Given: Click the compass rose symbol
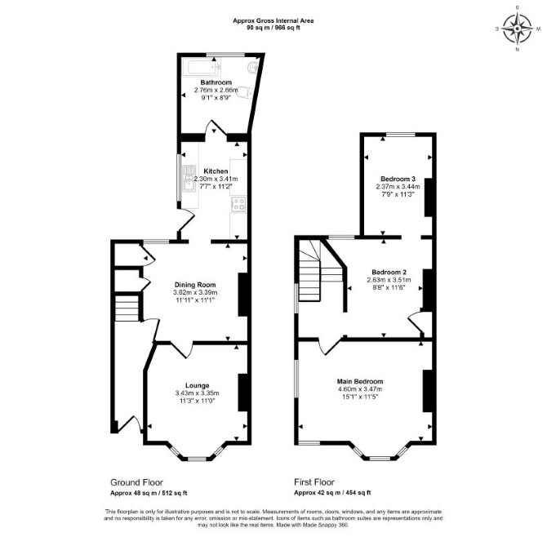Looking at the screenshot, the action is [518, 29].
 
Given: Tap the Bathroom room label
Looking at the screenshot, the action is [216, 82].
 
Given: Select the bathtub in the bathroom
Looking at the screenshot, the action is [202, 68].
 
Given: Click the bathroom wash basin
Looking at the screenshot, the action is [252, 67].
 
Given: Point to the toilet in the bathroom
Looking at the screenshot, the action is [245, 91].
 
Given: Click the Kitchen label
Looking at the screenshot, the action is [216, 171].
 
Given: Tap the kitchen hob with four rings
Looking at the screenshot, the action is [238, 204].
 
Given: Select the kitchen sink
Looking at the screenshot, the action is [189, 179].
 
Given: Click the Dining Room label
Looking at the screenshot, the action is [195, 285].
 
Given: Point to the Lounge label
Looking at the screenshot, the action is [197, 385].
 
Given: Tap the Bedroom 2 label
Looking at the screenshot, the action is [389, 272].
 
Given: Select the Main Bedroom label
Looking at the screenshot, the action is [360, 381].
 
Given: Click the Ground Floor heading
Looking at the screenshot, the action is [136, 482].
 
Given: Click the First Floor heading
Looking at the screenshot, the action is [314, 482].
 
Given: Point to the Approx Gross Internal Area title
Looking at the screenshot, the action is [273, 20].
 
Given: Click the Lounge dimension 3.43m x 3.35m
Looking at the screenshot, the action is [197, 393].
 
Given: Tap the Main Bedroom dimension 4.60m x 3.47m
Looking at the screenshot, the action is [360, 389].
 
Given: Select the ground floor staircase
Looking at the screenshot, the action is [127, 308].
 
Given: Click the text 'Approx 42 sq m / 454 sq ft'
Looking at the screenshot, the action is [332, 493].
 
